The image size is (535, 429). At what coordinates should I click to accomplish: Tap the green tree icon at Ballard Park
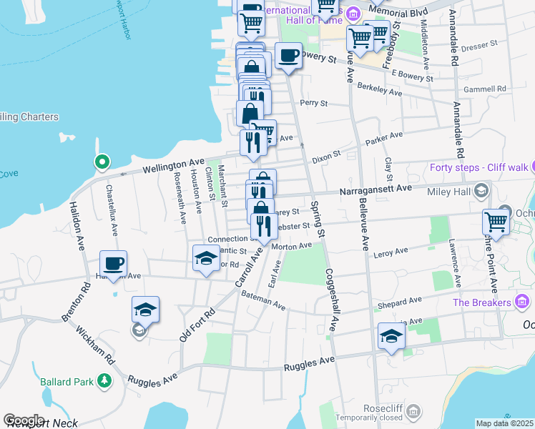click(104, 380)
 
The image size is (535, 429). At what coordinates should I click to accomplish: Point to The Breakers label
click(482, 302)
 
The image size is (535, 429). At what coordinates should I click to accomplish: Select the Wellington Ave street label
click(173, 167)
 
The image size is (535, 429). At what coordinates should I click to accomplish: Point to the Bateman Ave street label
click(263, 301)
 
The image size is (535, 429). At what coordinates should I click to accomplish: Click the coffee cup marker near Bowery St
click(288, 56)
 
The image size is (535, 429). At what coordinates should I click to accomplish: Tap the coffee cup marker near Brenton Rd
click(113, 263)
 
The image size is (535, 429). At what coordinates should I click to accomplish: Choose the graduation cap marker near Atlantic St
click(206, 258)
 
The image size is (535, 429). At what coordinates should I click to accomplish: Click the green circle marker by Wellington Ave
click(102, 162)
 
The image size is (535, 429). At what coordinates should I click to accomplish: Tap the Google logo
click(24, 420)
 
